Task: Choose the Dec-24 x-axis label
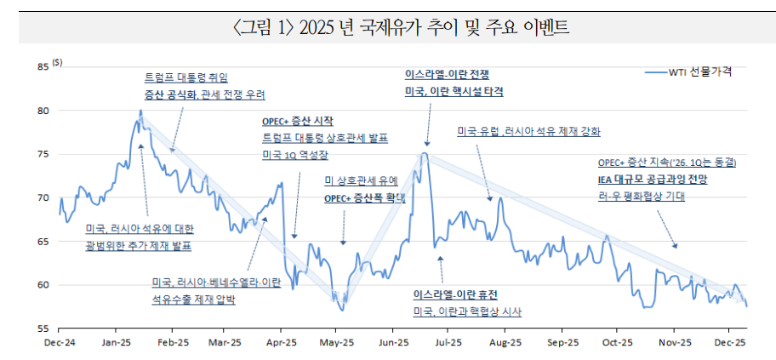(x=60, y=343)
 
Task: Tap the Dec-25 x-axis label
(x=728, y=343)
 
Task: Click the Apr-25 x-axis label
(x=281, y=343)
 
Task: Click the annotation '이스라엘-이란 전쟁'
(x=447, y=75)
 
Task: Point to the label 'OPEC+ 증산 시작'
(x=298, y=123)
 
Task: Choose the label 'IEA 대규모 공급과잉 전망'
(x=653, y=180)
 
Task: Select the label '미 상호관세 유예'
(x=361, y=180)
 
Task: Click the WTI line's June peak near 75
(x=423, y=153)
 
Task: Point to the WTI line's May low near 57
(x=340, y=310)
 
